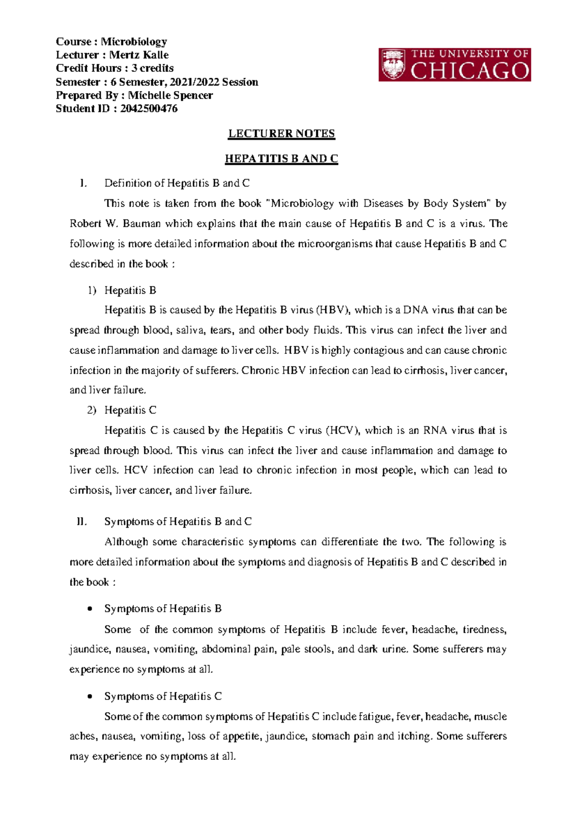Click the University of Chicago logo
(x=454, y=64)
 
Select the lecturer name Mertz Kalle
(x=139, y=55)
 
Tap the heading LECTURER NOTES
(x=281, y=134)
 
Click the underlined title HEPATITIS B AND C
(x=281, y=159)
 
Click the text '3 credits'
(x=152, y=68)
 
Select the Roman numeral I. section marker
(x=83, y=183)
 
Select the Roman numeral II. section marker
(x=81, y=522)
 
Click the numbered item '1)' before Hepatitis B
(x=92, y=291)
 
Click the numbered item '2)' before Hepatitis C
(x=92, y=410)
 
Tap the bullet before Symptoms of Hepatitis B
(x=90, y=609)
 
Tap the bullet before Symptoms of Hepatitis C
(x=90, y=697)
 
